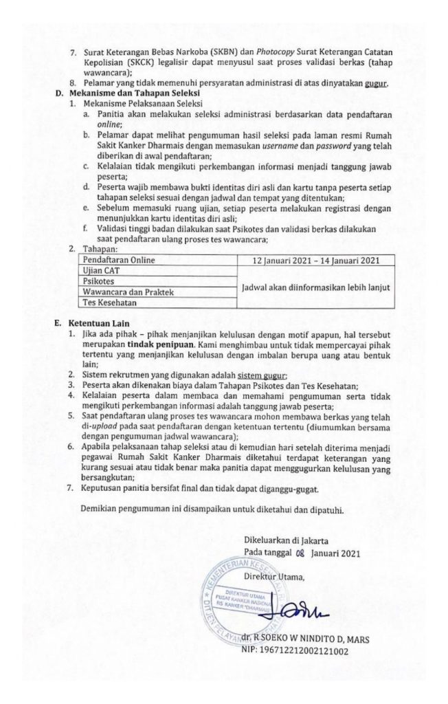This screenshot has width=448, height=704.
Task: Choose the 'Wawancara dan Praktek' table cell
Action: click(x=126, y=293)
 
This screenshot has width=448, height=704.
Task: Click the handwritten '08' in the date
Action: click(x=298, y=553)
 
